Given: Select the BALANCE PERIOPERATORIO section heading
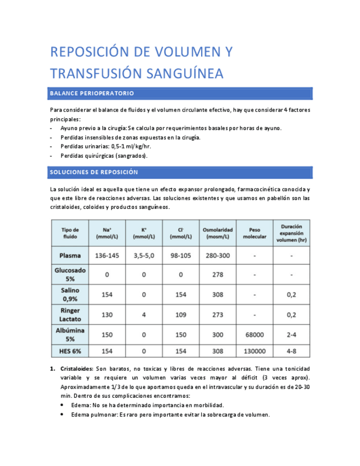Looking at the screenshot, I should [x=92, y=93].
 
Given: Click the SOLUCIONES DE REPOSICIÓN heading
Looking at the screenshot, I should [x=93, y=173].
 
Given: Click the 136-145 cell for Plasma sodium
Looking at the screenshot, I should [x=107, y=256].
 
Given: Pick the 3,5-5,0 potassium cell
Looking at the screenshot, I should [x=144, y=256].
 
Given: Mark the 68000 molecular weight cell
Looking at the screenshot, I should [x=254, y=334].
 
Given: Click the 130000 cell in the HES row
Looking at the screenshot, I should [x=254, y=351].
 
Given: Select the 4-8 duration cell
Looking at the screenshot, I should [x=291, y=351].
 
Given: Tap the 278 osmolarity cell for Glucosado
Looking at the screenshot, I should [x=218, y=274].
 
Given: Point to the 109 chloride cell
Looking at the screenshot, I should [x=181, y=314].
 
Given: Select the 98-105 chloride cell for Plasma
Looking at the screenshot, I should [x=181, y=256].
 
